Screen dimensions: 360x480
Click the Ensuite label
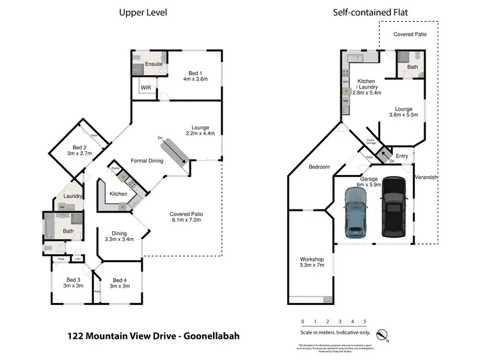(x=153, y=64)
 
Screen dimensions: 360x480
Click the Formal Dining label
(x=147, y=160)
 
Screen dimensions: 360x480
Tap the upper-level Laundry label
(x=74, y=196)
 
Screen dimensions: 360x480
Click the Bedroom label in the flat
(x=319, y=167)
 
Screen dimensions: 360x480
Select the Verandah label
(x=425, y=176)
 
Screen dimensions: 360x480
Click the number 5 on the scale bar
(x=364, y=321)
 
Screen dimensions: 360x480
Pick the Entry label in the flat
(x=401, y=156)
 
